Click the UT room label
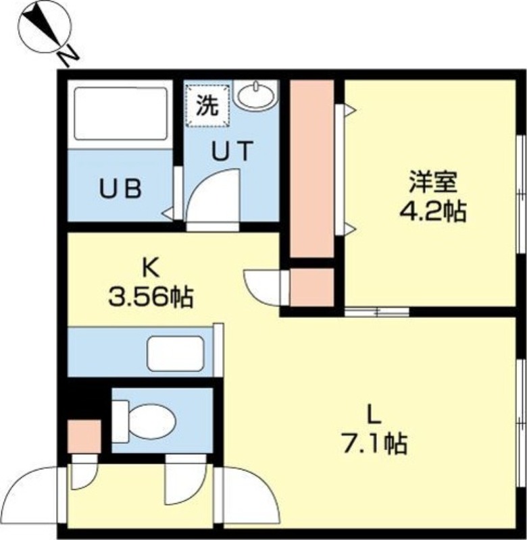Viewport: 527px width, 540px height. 232,151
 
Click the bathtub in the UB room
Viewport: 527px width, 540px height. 121,113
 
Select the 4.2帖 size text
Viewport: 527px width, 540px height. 433,211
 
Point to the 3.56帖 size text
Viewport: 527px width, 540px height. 151,297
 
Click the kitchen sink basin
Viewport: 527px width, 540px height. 176,353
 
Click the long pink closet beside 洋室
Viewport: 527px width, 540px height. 312,169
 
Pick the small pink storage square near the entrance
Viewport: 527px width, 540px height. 84,436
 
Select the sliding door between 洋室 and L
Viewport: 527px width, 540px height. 377,312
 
